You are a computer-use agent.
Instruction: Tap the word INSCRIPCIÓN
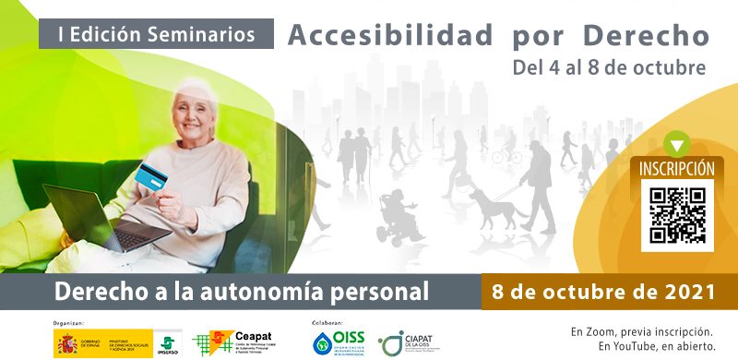[x=677, y=169]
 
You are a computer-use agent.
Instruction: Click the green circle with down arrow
[x=678, y=144]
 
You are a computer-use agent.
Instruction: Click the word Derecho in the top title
[x=646, y=35]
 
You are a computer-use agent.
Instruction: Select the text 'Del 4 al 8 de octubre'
[x=610, y=67]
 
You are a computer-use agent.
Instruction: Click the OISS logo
[x=341, y=342]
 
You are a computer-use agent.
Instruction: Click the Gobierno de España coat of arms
[x=67, y=344]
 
